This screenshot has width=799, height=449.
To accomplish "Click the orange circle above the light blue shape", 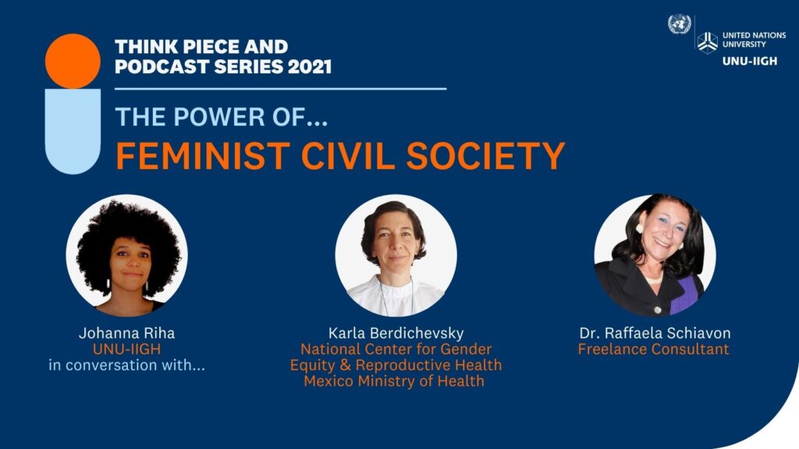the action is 73,61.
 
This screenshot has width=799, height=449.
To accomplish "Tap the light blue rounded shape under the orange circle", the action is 73,131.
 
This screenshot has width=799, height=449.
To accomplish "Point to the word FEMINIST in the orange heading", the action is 203,156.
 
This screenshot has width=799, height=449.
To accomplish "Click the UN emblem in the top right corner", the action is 680,24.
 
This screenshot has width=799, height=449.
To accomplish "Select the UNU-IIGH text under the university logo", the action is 750,61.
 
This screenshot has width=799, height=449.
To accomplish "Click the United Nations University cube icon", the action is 707,42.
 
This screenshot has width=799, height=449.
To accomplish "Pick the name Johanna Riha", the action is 127,334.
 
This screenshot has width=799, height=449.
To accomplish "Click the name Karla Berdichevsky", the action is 396,334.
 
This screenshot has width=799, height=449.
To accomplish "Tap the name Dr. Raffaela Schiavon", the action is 655,334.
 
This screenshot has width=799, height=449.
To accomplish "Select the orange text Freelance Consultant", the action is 653,349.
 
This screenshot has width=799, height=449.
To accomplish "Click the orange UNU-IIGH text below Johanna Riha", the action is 127,349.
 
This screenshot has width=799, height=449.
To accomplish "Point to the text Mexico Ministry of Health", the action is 394,380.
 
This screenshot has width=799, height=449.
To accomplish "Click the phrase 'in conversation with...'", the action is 127,365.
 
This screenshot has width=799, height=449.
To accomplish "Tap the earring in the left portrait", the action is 108,285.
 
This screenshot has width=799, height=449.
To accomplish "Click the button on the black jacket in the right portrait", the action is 657,310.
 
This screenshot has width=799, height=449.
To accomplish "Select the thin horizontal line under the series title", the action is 281,89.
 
